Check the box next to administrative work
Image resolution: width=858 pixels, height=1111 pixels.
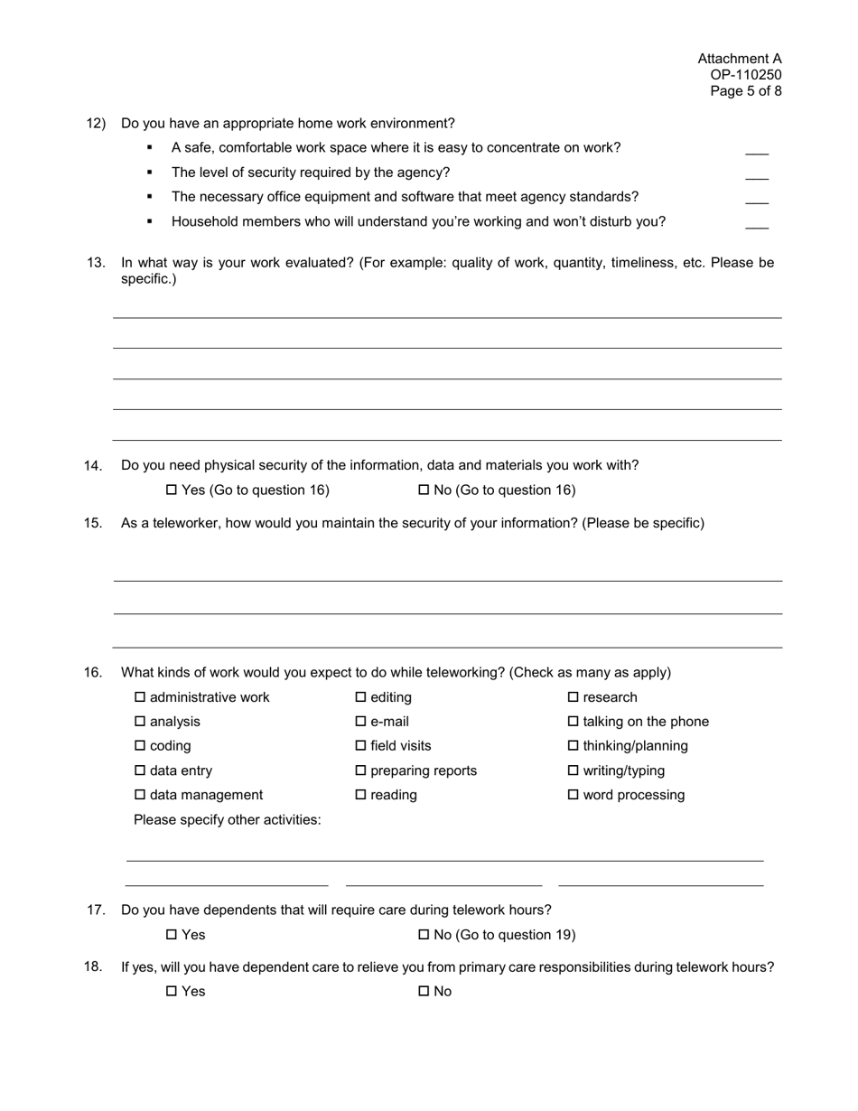(x=140, y=697)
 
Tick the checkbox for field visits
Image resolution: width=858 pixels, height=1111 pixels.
(x=360, y=746)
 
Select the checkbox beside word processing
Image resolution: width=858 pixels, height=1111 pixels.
(x=573, y=796)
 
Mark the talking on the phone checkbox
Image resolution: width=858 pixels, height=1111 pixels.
(x=573, y=722)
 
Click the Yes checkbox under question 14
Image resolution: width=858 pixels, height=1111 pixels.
(x=172, y=490)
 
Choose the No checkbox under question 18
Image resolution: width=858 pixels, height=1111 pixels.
(x=424, y=992)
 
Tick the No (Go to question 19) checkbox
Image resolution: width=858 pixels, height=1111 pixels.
(x=424, y=935)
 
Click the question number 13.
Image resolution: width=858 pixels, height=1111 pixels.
(x=96, y=263)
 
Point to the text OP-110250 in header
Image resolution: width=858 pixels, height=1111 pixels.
(x=745, y=75)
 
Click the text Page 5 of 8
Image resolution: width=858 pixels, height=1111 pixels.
(x=745, y=91)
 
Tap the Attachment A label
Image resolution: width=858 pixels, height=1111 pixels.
(x=739, y=59)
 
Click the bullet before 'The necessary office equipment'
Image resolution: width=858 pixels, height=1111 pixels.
(x=150, y=197)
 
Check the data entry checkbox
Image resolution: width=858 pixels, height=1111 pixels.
(x=140, y=771)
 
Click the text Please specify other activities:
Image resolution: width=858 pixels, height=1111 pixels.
(x=227, y=820)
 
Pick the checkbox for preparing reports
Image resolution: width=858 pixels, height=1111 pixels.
(x=360, y=771)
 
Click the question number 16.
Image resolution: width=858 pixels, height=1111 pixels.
(x=93, y=673)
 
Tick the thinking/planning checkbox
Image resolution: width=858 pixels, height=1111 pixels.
(x=573, y=746)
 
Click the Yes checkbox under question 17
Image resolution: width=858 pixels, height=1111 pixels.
(x=172, y=935)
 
